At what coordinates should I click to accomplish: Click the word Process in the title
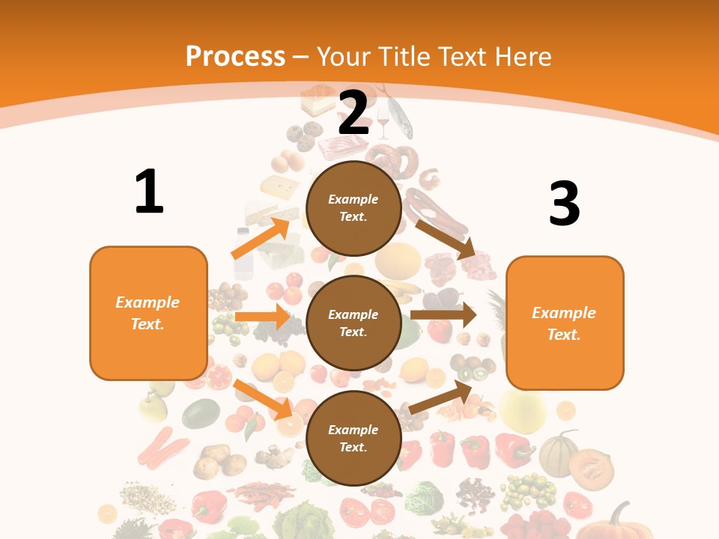pyautogui.click(x=235, y=57)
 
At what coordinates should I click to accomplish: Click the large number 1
pyautogui.click(x=149, y=192)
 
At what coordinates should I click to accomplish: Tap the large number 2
pyautogui.click(x=354, y=112)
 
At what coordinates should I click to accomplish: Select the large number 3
pyautogui.click(x=564, y=204)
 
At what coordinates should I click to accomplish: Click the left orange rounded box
pyautogui.click(x=148, y=313)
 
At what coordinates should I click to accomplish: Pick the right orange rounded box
pyautogui.click(x=565, y=323)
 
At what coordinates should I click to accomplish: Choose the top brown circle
pyautogui.click(x=354, y=208)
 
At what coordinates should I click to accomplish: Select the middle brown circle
pyautogui.click(x=354, y=323)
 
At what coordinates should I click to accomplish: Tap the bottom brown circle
pyautogui.click(x=354, y=438)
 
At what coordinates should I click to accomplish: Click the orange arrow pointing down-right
pyautogui.click(x=262, y=399)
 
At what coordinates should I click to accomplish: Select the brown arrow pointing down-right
pyautogui.click(x=446, y=239)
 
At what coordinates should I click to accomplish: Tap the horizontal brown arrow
pyautogui.click(x=443, y=315)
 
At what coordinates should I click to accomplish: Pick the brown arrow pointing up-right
pyautogui.click(x=441, y=398)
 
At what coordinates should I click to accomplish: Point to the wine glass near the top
pyautogui.click(x=383, y=124)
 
